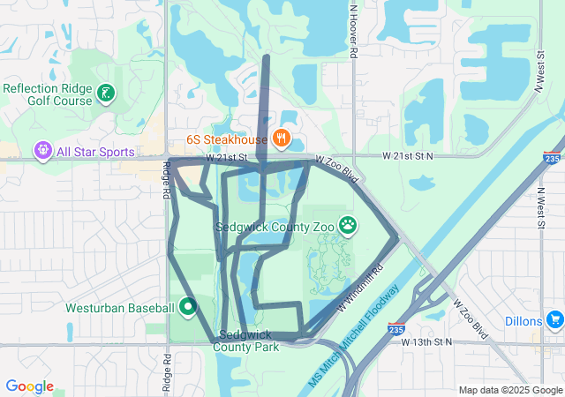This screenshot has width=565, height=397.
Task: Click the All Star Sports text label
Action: click(94, 153)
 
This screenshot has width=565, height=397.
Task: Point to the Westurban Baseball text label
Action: click(120, 308)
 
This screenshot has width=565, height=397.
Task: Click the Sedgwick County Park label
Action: click(246, 341)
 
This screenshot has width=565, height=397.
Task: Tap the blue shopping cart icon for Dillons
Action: click(554, 318)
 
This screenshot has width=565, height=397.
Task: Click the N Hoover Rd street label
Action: click(353, 32)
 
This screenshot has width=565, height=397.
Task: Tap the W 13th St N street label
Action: click(426, 341)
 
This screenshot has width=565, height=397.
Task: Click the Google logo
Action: click(29, 386)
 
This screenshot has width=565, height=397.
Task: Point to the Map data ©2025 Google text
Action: click(509, 390)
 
